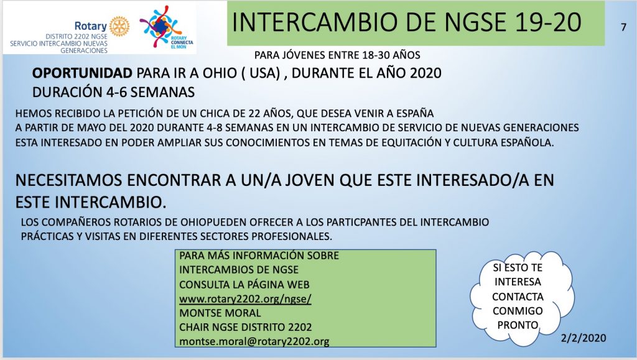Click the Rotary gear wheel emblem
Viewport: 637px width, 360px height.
pos(119,26)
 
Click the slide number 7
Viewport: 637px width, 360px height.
pos(623,27)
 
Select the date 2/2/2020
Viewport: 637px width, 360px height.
pos(584,338)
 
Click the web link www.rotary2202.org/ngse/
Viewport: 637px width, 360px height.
pos(245,298)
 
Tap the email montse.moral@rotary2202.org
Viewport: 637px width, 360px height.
pos(254,341)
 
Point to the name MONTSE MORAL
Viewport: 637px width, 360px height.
pos(220,313)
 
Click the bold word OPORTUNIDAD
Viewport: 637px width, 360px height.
pos(82,73)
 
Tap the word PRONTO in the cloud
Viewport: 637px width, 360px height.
pos(518,325)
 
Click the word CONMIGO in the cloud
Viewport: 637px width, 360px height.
pos(518,311)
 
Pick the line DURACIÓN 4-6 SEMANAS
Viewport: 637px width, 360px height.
pos(113,92)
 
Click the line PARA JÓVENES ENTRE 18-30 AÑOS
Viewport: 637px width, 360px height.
pos(337,55)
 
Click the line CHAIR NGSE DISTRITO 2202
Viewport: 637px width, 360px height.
pos(245,327)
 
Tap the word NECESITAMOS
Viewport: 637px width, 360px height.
pos(68,180)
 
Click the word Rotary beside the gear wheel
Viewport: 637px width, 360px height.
pos(90,26)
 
